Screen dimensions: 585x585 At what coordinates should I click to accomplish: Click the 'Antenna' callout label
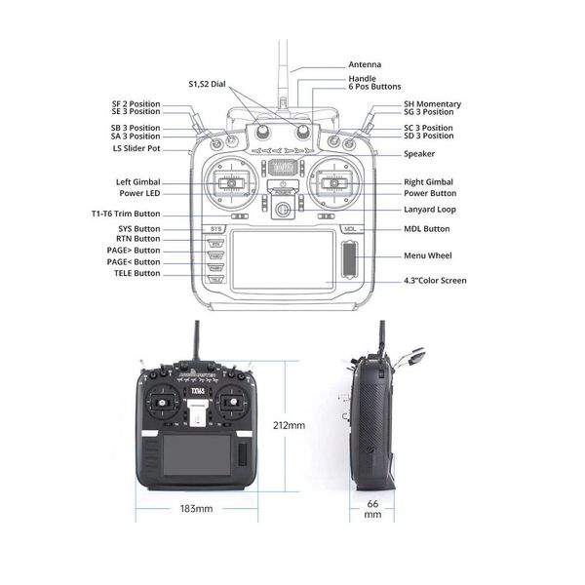point(365,64)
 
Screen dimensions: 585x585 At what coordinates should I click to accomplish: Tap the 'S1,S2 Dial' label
point(207,84)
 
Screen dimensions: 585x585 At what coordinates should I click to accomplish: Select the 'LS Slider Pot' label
point(136,148)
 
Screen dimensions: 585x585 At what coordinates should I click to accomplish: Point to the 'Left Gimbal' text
point(137,182)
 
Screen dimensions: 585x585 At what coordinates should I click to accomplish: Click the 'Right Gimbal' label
point(428,182)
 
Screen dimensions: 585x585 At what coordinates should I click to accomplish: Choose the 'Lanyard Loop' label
point(429,210)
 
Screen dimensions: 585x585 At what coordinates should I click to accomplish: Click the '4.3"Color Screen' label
point(435,281)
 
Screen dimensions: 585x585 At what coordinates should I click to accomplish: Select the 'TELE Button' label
point(136,273)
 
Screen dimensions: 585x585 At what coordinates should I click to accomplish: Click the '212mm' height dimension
point(290,426)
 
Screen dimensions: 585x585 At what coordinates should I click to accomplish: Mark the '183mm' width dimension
point(196,509)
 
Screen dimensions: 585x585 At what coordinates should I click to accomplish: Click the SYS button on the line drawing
point(216,229)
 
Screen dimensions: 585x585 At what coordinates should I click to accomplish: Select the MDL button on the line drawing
point(350,229)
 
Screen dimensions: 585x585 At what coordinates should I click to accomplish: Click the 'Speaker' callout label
point(420,154)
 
